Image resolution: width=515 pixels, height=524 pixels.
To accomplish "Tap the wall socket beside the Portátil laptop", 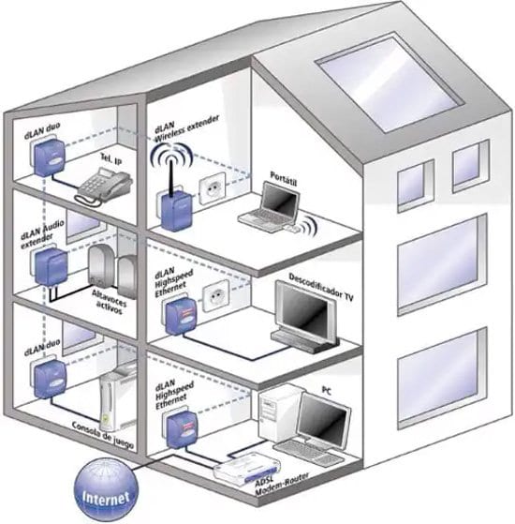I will pos(216,184).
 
